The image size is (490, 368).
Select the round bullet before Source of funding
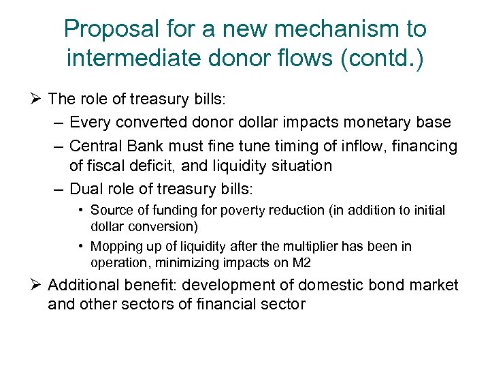80,210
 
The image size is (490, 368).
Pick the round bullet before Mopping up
80,246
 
